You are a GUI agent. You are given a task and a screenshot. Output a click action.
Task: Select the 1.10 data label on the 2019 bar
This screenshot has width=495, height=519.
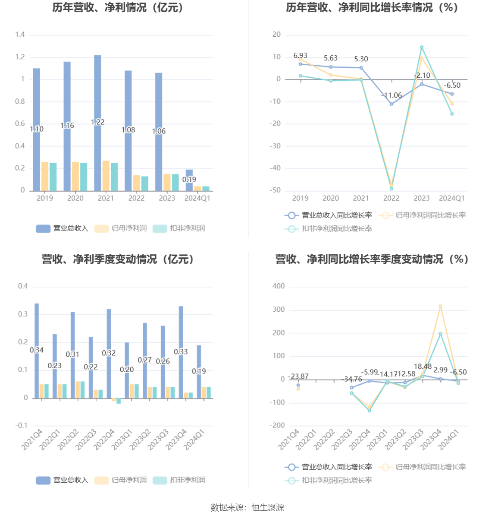pos(37,129)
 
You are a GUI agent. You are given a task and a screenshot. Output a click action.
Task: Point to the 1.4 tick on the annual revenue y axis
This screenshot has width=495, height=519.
pos(20,35)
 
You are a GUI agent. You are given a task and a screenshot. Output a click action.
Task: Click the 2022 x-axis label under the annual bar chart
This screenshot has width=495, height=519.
pos(136,198)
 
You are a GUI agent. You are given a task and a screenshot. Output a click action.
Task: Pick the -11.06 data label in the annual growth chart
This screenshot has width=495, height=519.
pos(392,95)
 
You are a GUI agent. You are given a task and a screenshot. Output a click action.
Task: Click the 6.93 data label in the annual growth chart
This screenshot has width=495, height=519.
pos(300,56)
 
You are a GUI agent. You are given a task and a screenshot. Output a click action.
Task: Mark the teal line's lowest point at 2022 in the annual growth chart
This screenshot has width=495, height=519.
pos(392,189)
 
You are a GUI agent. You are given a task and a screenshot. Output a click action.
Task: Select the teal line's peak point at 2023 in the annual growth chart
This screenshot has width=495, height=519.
pos(422,47)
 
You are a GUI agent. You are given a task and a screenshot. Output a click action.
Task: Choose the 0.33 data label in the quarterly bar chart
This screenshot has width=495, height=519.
pos(181,352)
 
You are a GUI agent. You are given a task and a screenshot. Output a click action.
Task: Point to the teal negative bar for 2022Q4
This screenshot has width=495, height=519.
pos(119,401)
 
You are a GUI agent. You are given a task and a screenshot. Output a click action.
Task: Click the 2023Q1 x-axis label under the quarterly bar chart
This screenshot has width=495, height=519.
pos(123,440)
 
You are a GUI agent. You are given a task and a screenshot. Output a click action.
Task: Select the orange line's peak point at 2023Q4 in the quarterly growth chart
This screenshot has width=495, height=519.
pos(440,307)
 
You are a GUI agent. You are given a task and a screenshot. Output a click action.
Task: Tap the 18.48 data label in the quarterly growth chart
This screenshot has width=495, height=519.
pos(423,367)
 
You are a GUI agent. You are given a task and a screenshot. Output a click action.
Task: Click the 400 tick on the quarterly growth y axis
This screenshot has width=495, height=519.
pos(279,286)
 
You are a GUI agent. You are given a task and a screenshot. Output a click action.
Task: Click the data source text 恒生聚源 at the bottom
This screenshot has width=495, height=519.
pos(268,508)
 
